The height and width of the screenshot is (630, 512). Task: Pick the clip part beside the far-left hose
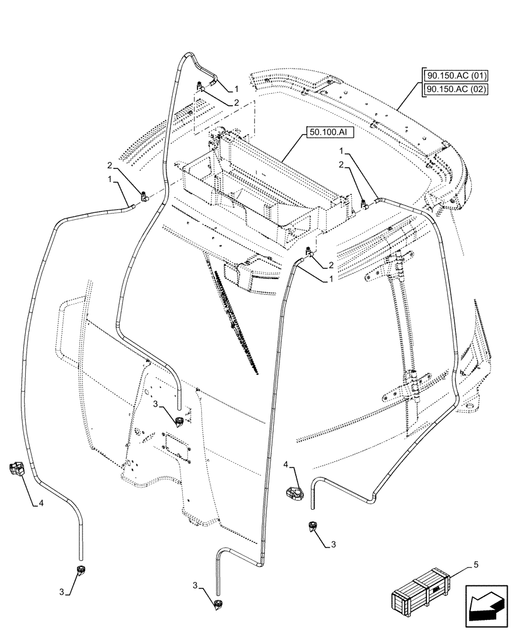point(16,469)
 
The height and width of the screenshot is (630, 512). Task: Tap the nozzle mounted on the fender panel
point(180,421)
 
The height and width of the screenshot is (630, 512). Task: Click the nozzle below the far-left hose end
point(80,571)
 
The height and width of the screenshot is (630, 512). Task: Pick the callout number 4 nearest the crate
point(286,465)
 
